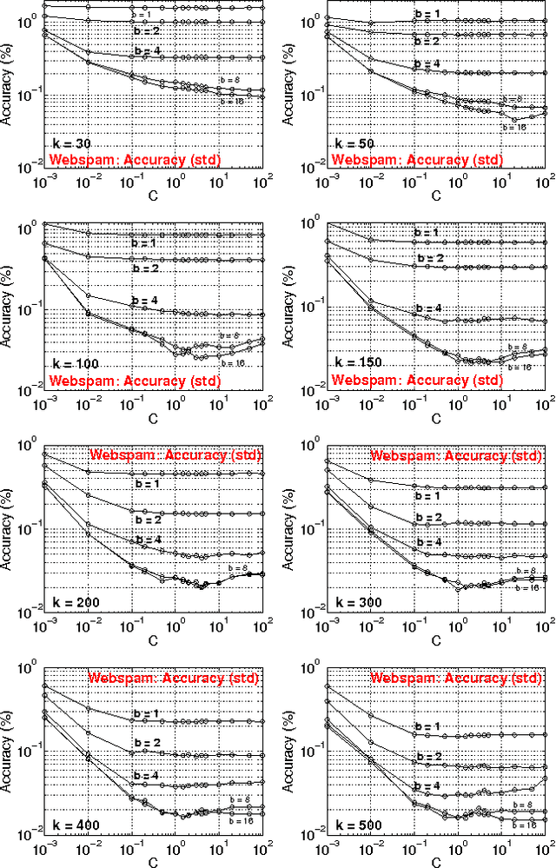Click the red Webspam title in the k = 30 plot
click(135, 160)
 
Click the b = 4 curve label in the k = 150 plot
click(427, 308)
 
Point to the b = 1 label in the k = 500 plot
click(427, 726)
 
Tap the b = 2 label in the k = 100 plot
click(146, 268)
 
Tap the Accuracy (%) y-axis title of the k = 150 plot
click(290, 311)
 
